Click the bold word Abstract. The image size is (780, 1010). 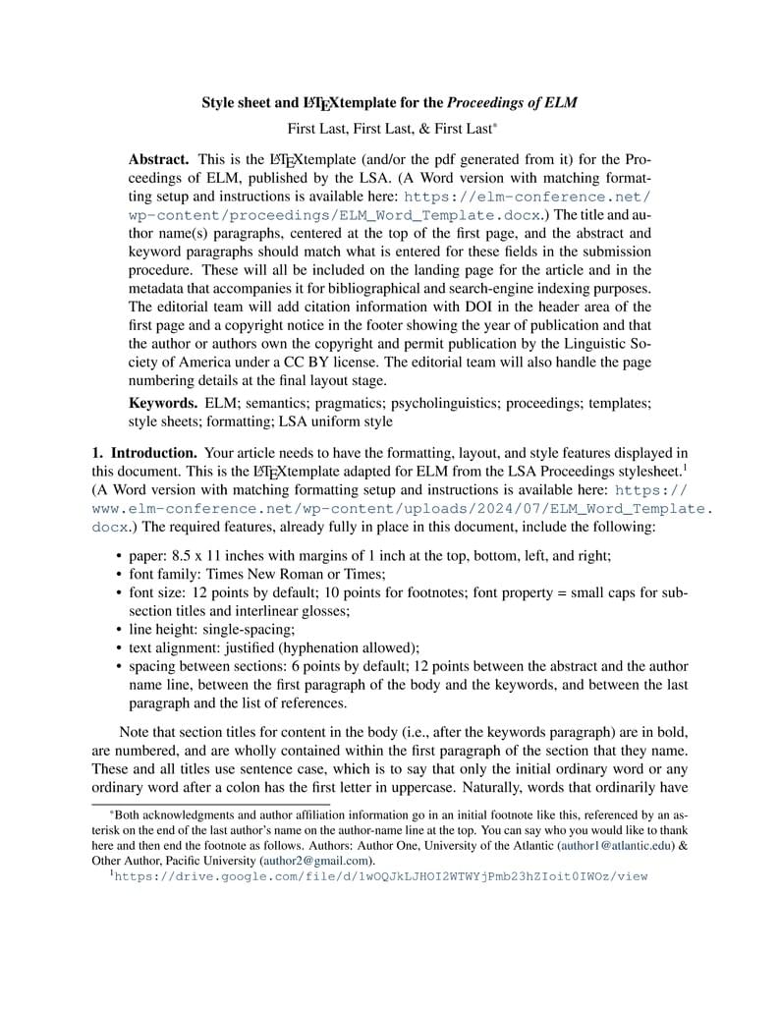(x=159, y=158)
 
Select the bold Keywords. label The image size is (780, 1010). (x=163, y=403)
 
